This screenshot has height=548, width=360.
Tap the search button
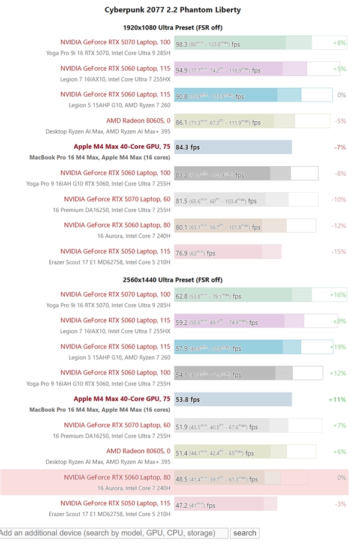[244, 533]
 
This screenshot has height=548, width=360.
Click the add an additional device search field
[113, 533]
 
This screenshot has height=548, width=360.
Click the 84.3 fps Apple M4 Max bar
[233, 147]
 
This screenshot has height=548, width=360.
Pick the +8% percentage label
[339, 43]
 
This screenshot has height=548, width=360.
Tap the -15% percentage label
[338, 252]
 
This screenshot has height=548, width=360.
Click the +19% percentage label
[338, 347]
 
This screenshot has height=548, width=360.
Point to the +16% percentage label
[338, 295]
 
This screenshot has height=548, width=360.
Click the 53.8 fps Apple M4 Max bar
[233, 399]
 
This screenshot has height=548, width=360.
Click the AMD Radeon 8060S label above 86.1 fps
[138, 121]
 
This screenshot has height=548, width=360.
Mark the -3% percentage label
[340, 504]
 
